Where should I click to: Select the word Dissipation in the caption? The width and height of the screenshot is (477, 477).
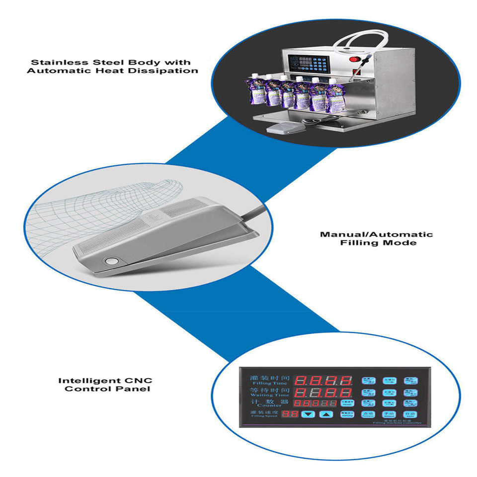170,71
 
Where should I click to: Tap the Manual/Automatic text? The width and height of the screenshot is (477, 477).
376,235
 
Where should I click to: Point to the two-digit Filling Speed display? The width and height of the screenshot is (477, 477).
290,413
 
